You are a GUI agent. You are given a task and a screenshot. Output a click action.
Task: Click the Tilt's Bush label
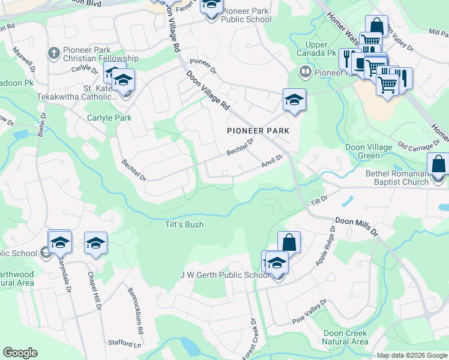click(184, 224)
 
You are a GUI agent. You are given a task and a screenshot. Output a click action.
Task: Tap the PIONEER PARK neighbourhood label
click(258, 130)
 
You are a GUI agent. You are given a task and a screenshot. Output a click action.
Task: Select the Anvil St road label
click(271, 161)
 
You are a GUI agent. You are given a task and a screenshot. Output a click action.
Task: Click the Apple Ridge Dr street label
click(325, 245)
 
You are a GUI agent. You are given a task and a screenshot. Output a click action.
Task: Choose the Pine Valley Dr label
click(310, 313)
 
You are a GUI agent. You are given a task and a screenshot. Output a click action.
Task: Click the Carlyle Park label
click(109, 118)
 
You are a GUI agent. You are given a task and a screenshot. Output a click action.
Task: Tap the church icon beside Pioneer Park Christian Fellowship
click(53, 53)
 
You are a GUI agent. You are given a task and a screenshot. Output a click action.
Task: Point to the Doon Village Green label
click(369, 151)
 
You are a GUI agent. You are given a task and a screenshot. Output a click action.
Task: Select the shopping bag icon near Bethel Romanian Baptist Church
click(438, 163)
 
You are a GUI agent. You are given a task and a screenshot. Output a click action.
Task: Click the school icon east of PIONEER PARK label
click(294, 100)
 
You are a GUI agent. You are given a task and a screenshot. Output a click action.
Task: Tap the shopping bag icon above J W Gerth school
click(289, 242)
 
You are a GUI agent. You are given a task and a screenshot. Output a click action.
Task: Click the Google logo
click(20, 353)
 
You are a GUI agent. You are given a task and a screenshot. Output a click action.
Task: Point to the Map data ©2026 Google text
click(411, 355)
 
